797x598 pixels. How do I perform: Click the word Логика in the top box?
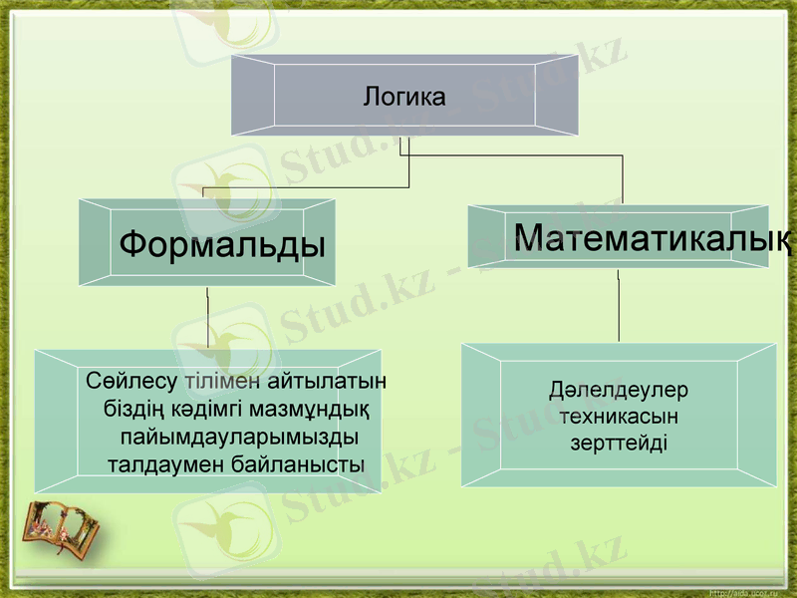(x=403, y=98)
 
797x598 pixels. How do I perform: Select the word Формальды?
(x=222, y=243)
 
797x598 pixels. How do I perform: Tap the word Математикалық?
(x=653, y=237)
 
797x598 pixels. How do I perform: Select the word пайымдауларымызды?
(x=239, y=437)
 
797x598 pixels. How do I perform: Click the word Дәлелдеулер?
(x=619, y=390)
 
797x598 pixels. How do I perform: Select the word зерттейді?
(x=619, y=442)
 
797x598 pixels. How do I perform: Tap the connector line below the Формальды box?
(x=207, y=319)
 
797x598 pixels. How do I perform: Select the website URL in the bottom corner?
(x=747, y=591)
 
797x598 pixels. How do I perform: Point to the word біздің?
(x=133, y=409)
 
